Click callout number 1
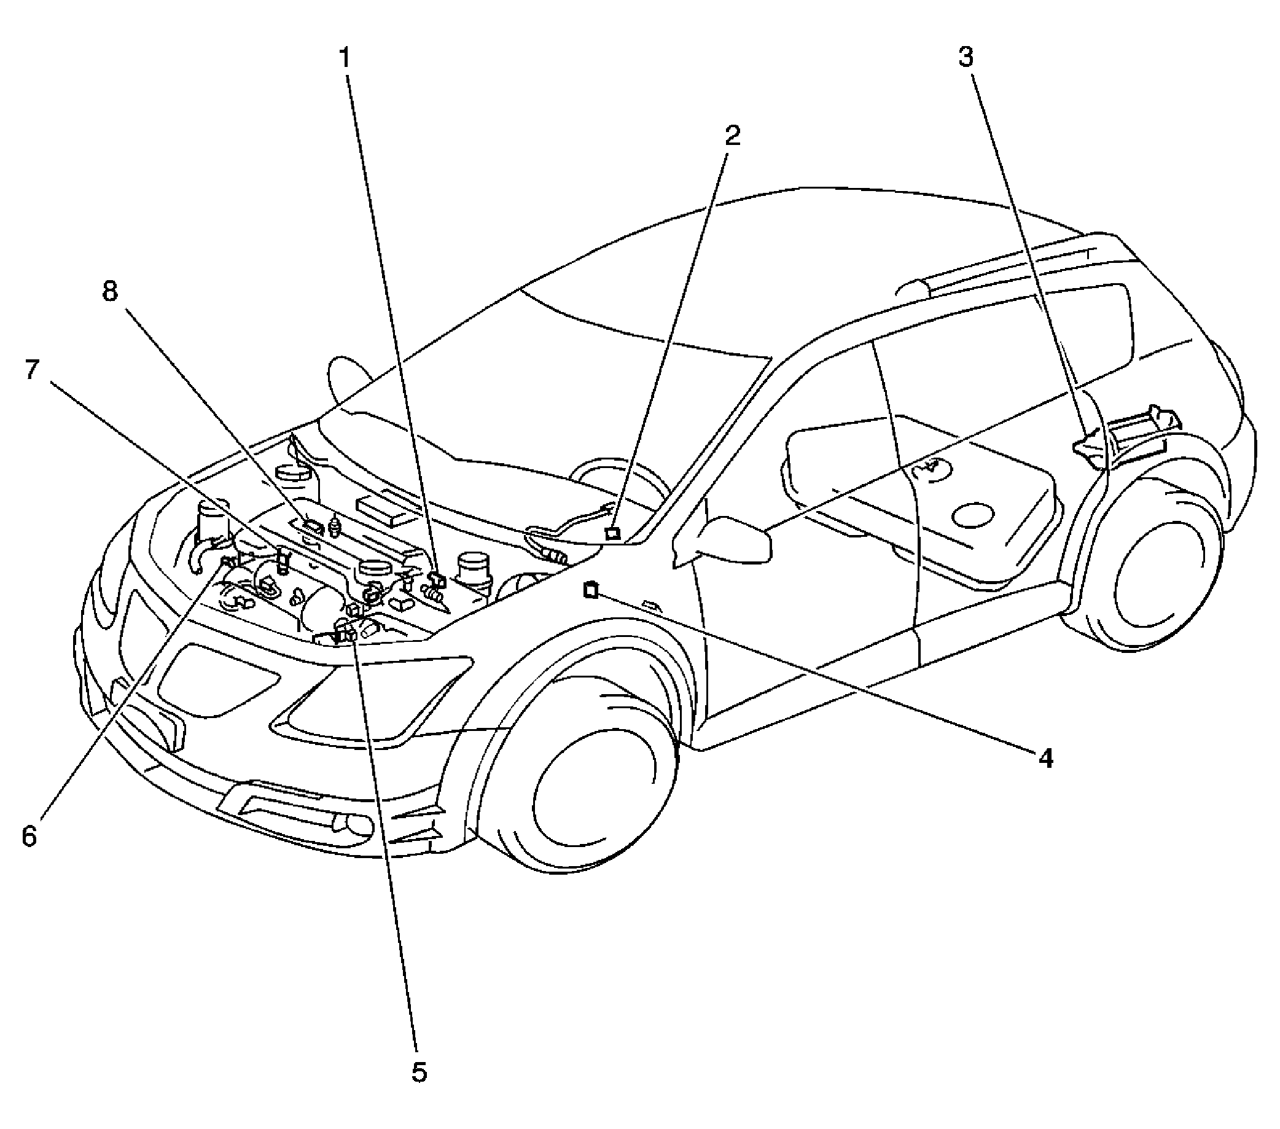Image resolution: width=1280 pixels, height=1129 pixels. pyautogui.click(x=344, y=58)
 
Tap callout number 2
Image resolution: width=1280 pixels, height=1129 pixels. pyautogui.click(x=732, y=135)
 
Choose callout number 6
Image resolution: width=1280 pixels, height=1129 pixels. pyautogui.click(x=29, y=837)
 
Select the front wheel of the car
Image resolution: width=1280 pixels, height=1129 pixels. pyautogui.click(x=595, y=783)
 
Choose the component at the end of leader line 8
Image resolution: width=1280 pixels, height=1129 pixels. pyautogui.click(x=311, y=525)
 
